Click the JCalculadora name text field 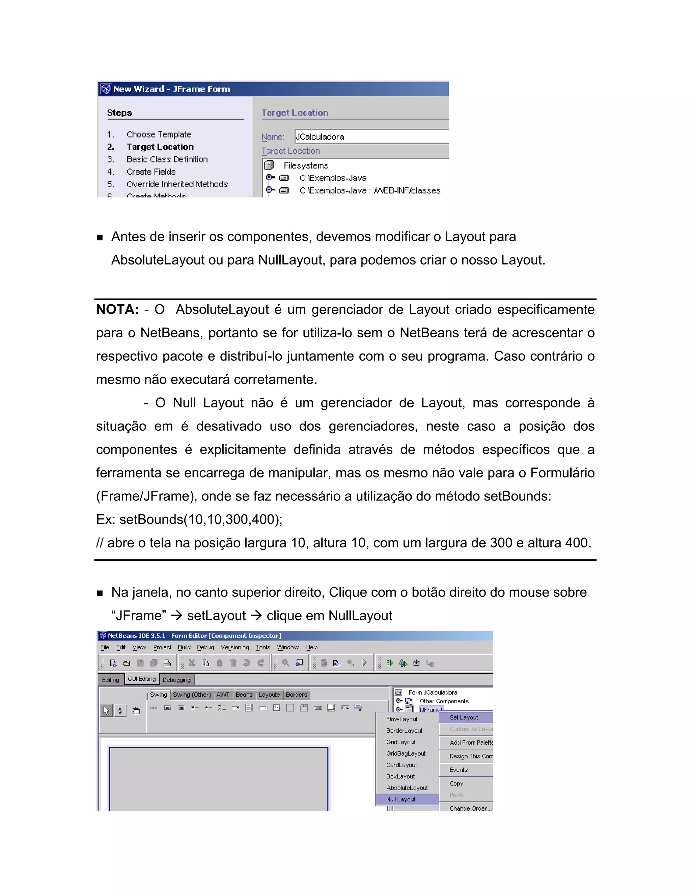(x=370, y=136)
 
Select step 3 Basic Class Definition (x=167, y=159)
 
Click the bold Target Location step (x=160, y=147)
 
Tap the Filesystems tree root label (x=306, y=165)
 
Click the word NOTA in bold (x=117, y=310)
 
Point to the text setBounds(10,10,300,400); (x=201, y=519)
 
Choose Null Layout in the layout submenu (x=400, y=799)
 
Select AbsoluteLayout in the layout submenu (x=407, y=788)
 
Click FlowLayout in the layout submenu (x=402, y=719)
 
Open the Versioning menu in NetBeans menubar (x=234, y=647)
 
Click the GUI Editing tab (x=142, y=679)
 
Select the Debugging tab (x=176, y=680)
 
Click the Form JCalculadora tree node (x=432, y=692)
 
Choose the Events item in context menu (x=458, y=770)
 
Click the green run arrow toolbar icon (x=364, y=663)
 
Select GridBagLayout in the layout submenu (x=406, y=753)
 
